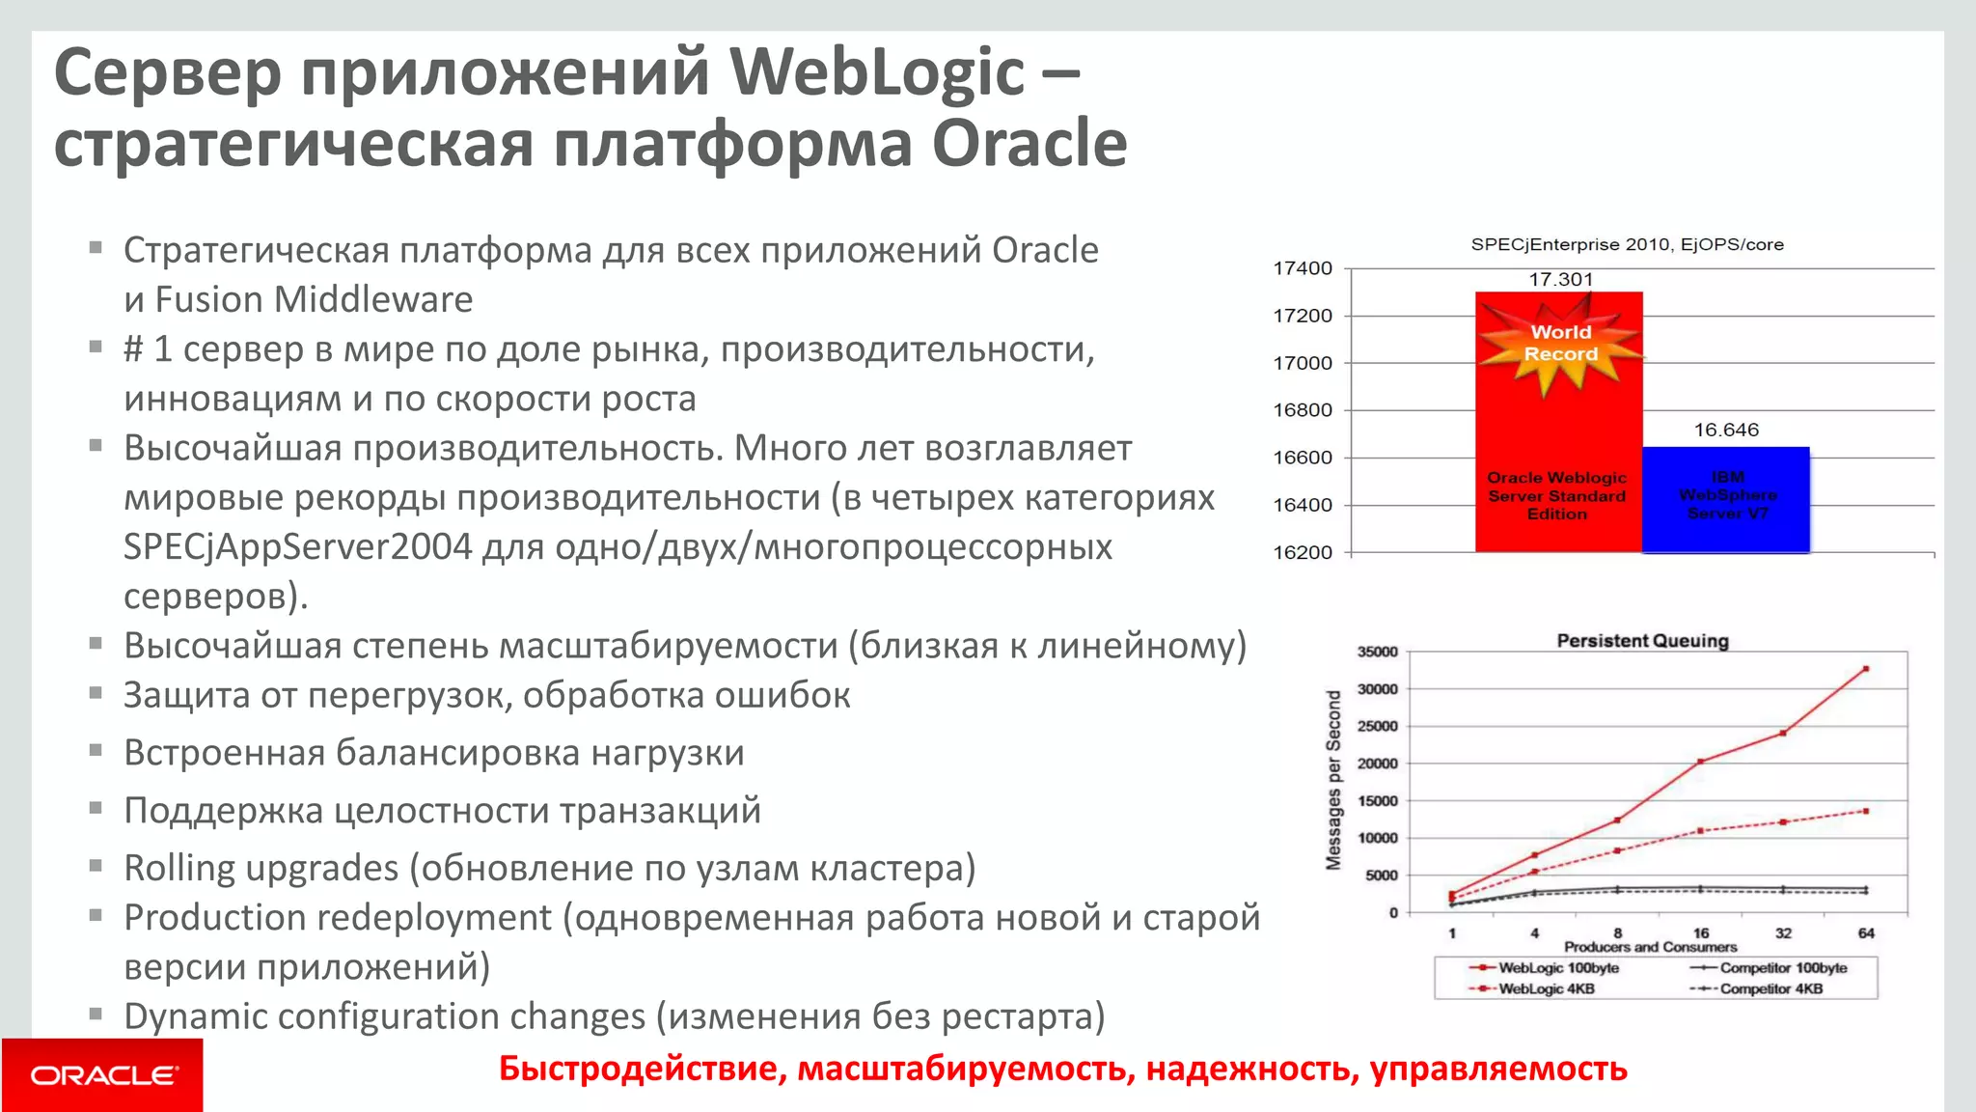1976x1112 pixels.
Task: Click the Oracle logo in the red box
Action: [103, 1075]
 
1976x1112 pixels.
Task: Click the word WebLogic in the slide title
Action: [876, 72]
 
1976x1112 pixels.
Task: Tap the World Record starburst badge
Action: [1560, 345]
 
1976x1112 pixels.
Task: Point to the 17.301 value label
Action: [1560, 280]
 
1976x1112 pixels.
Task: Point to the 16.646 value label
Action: [1726, 430]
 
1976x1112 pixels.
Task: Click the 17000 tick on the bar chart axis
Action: [1303, 363]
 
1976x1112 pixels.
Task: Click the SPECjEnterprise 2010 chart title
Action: [1627, 245]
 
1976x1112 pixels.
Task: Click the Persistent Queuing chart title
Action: [1642, 641]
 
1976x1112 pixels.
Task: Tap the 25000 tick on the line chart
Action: [1377, 726]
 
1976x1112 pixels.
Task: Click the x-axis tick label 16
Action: [1701, 932]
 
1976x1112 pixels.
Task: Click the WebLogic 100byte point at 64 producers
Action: [1865, 669]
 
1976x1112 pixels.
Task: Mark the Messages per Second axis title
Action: [1333, 780]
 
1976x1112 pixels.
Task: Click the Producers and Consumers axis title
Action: [1650, 947]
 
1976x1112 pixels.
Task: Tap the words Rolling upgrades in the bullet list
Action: [261, 868]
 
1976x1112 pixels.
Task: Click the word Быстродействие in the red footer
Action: [641, 1069]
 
